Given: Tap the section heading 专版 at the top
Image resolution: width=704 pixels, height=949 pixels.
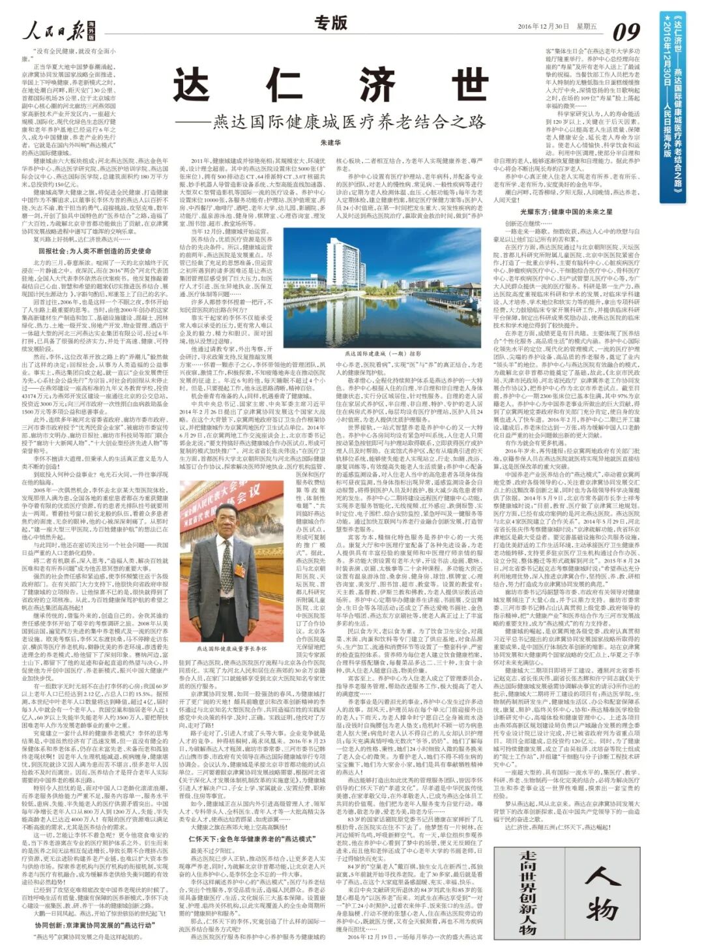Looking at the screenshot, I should [331, 23].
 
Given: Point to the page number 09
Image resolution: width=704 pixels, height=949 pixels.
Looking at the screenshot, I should [626, 31].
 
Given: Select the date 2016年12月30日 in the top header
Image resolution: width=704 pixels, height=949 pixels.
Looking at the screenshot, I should [543, 27].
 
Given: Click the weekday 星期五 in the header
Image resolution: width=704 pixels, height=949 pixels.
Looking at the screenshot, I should [587, 27].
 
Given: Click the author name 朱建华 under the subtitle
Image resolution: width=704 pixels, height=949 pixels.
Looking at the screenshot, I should [330, 142].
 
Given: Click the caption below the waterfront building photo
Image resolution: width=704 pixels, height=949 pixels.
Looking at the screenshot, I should [383, 353].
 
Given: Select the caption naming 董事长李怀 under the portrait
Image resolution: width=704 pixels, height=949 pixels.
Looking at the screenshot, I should [232, 648].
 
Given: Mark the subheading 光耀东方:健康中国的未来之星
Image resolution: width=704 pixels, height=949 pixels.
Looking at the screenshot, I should [566, 212].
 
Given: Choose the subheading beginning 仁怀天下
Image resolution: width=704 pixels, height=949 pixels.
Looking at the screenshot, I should [251, 838].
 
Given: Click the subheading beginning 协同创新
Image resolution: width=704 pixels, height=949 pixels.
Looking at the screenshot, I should [95, 925].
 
